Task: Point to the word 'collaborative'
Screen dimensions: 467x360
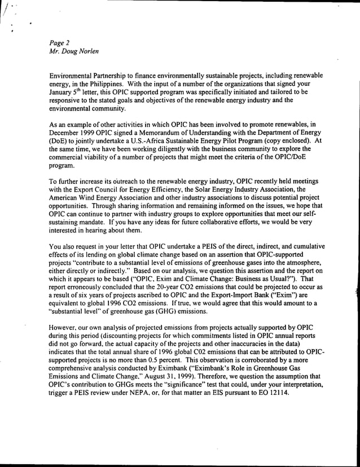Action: point(210,221)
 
